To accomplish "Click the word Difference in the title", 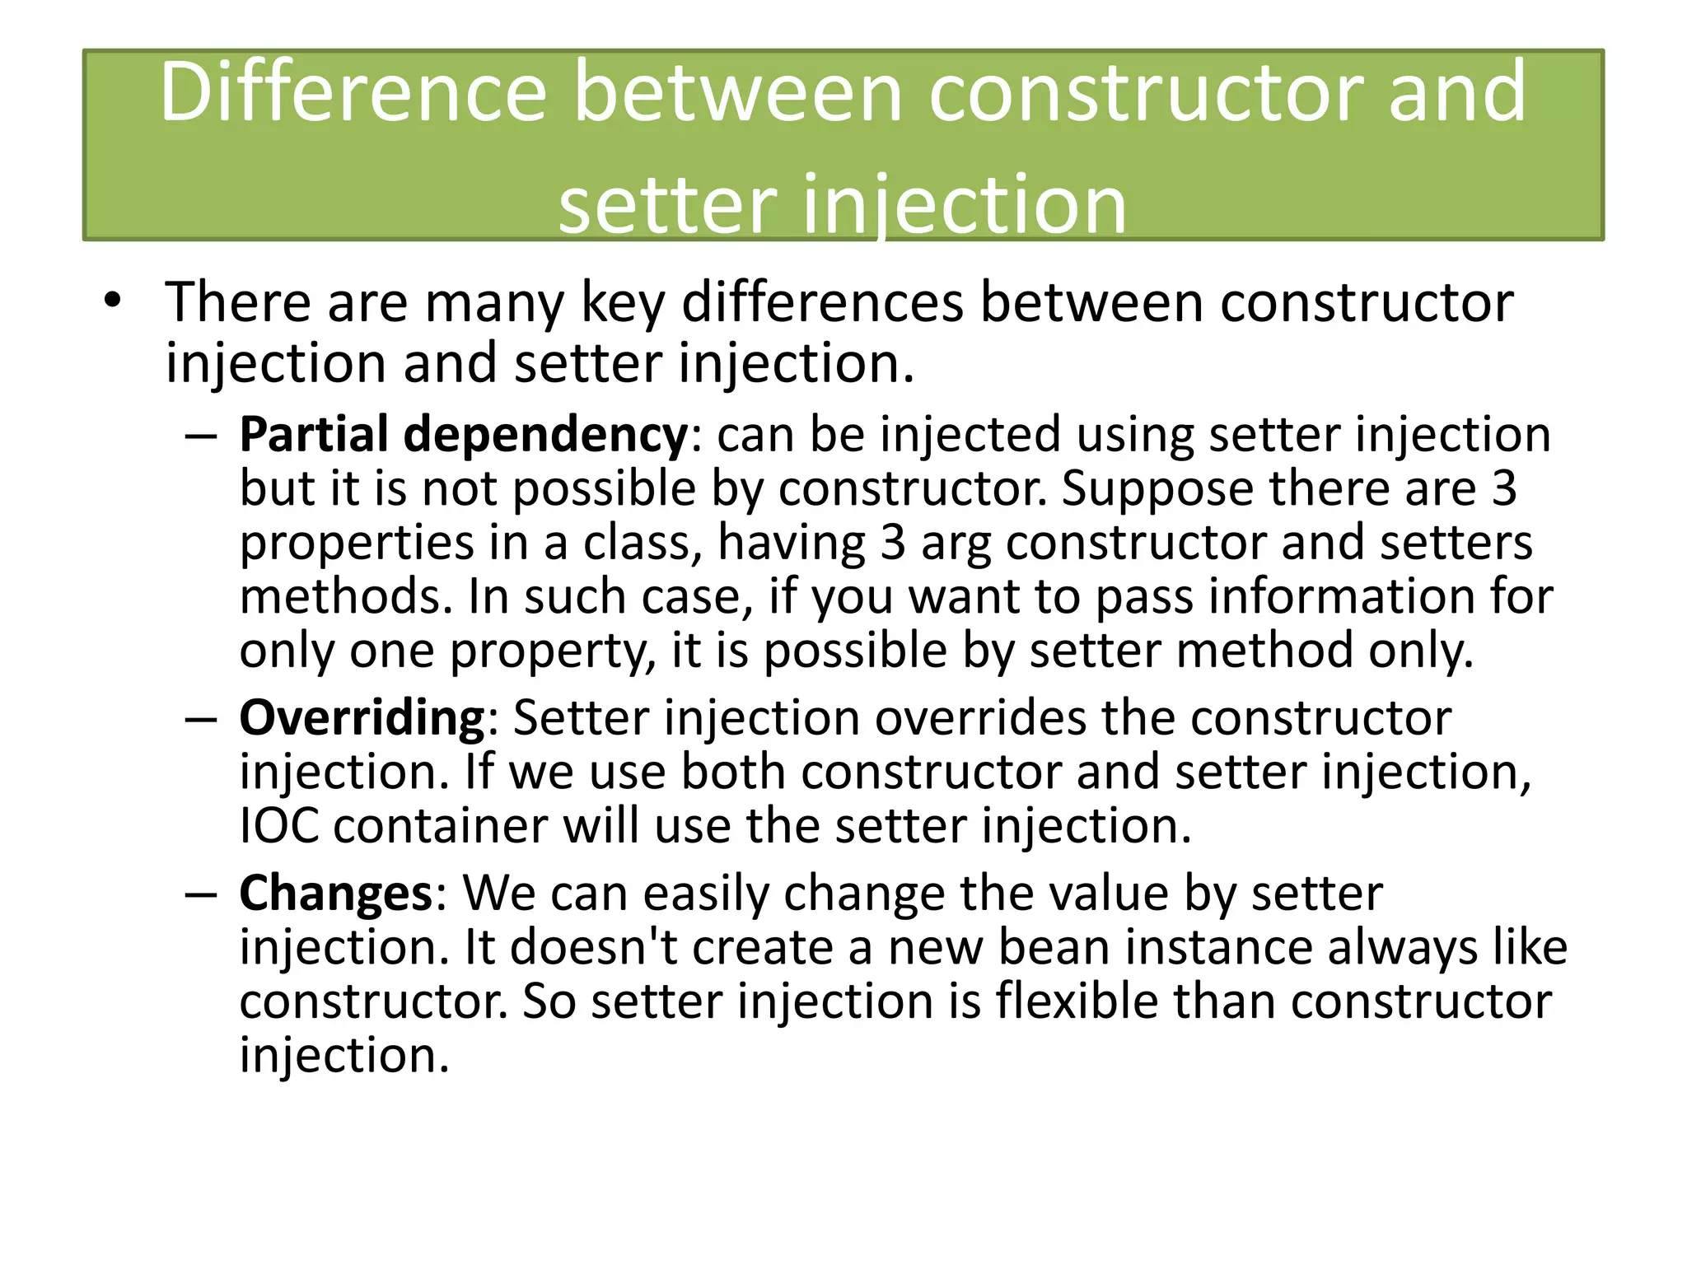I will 353,92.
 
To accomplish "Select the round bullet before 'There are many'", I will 113,301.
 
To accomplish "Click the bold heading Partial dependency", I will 463,434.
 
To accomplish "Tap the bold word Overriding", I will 363,718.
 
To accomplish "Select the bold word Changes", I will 335,893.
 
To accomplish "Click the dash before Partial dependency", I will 201,436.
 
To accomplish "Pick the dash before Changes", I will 201,894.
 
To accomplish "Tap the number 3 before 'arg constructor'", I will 893,544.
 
